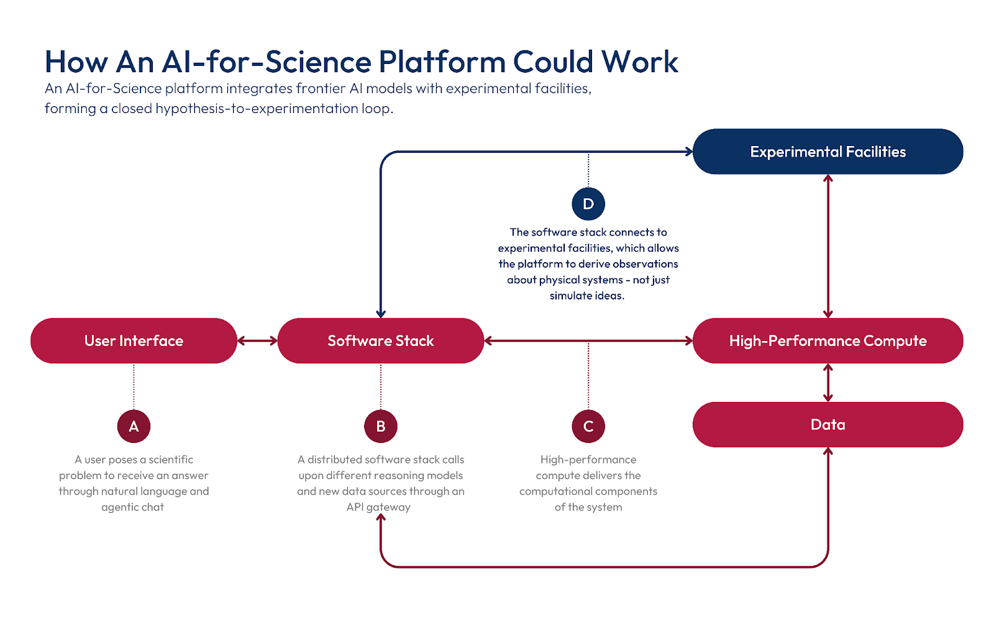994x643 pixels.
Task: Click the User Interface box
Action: (134, 340)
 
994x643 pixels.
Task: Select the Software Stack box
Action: (380, 340)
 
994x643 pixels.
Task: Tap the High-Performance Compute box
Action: (828, 340)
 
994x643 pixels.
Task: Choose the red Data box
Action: (828, 424)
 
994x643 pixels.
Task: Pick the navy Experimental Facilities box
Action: (828, 152)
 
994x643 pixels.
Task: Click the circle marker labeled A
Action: (134, 426)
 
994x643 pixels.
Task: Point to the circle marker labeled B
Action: (381, 426)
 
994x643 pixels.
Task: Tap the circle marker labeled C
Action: (588, 426)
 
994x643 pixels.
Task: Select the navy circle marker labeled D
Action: (588, 204)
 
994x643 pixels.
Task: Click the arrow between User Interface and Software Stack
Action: (257, 340)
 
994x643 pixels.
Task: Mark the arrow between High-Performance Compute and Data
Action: (828, 383)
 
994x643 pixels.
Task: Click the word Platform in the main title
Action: (442, 62)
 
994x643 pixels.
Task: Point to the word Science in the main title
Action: (327, 62)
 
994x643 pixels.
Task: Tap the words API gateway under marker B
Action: (378, 507)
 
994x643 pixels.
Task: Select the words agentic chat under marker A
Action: (132, 507)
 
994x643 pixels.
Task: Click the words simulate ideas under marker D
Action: (586, 296)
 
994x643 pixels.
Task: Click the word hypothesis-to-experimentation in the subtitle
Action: (257, 109)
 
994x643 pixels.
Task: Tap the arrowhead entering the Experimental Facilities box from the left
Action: (688, 152)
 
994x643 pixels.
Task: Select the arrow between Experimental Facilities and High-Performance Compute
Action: (828, 246)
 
